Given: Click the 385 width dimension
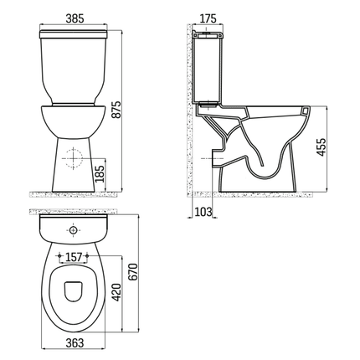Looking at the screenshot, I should pyautogui.click(x=74, y=16).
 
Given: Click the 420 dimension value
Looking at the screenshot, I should pyautogui.click(x=117, y=290).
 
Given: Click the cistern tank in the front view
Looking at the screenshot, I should pyautogui.click(x=74, y=67).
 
